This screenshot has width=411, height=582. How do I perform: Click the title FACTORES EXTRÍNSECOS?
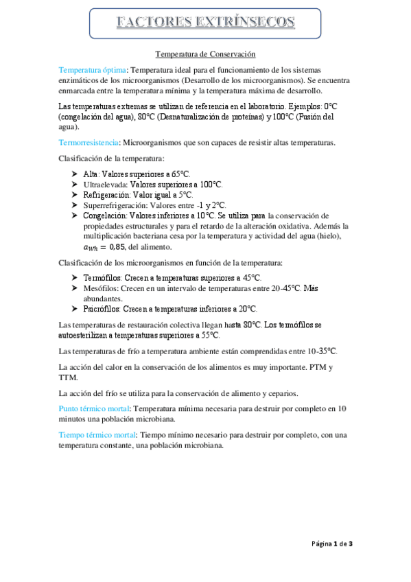tap(205, 23)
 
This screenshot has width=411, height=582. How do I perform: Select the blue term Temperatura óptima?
tap(93, 70)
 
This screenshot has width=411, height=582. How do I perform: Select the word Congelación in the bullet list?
tap(107, 216)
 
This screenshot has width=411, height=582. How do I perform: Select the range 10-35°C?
tap(316, 351)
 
